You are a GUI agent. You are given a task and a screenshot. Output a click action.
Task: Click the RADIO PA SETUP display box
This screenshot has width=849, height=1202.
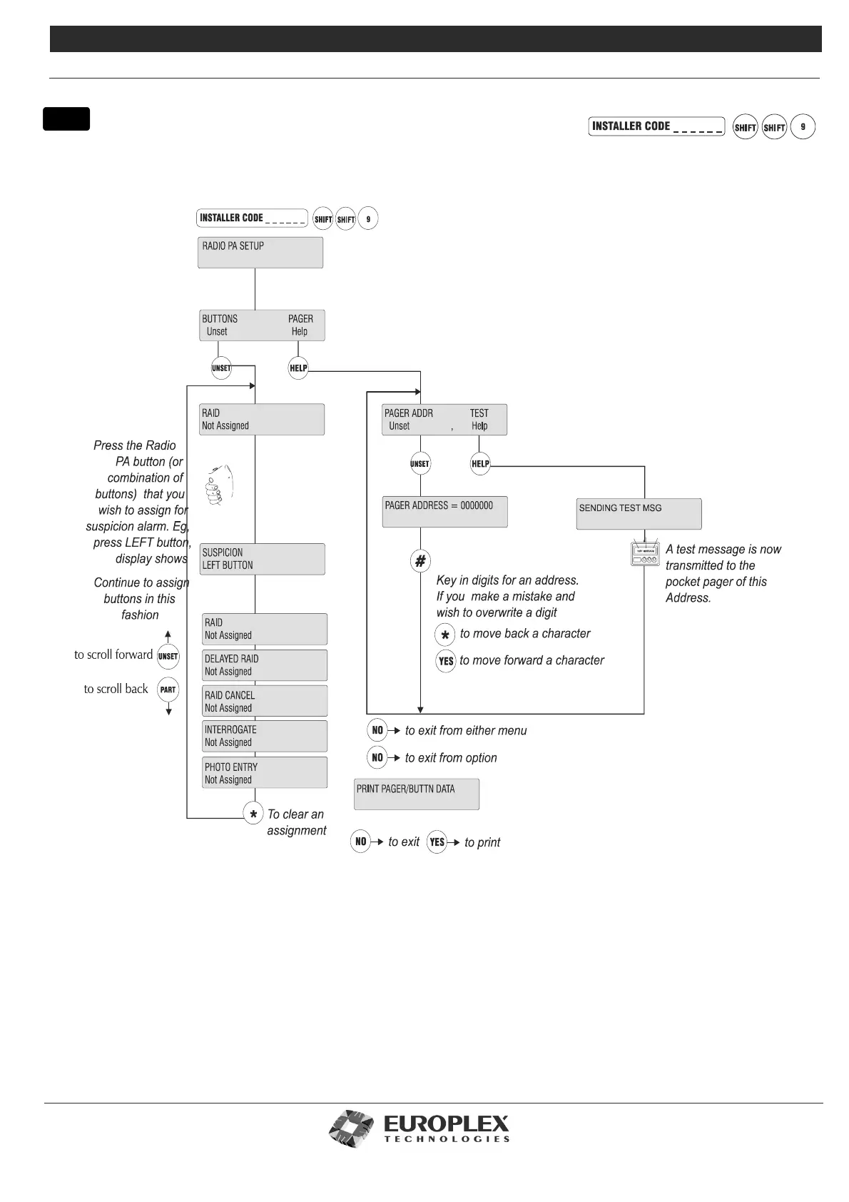tap(260, 253)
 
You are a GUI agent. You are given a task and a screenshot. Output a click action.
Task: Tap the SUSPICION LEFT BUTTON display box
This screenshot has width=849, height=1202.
tap(263, 559)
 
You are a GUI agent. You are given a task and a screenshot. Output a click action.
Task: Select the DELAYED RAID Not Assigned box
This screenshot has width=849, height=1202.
tap(265, 665)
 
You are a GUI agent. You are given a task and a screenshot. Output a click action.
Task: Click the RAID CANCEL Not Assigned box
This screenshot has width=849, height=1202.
tap(265, 701)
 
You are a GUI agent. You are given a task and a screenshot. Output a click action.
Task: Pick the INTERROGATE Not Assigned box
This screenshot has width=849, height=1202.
tap(265, 736)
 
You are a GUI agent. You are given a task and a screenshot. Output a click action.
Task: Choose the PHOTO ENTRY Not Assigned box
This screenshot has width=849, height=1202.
tap(265, 773)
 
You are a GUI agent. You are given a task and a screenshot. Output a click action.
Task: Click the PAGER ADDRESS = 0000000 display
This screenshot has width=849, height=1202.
tap(444, 512)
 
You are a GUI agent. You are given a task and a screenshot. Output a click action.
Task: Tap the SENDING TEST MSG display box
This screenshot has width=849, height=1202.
tap(639, 514)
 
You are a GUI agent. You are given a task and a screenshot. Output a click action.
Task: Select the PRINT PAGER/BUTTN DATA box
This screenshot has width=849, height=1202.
tap(417, 794)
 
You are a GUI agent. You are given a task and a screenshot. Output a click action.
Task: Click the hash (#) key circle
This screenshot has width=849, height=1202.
tap(420, 561)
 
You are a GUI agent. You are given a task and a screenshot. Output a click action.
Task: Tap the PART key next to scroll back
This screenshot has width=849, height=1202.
tap(168, 690)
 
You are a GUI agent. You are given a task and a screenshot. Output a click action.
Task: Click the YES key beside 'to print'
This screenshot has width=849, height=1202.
tap(437, 842)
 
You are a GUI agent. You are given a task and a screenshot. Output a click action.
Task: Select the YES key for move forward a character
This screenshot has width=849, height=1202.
tap(446, 661)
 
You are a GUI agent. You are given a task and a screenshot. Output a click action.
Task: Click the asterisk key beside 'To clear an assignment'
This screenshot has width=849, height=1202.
tap(253, 814)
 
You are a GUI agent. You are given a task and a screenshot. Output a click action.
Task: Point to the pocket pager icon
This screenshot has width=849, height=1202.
tap(645, 555)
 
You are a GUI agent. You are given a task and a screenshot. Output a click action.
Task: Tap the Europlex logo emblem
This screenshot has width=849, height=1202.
tap(352, 1128)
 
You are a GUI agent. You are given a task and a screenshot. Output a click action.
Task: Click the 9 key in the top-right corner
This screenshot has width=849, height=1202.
tap(803, 127)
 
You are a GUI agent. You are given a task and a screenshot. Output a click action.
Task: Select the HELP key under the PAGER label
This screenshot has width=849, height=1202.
tap(298, 368)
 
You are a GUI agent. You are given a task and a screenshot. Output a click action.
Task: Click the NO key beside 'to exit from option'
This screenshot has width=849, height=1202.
tap(377, 757)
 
